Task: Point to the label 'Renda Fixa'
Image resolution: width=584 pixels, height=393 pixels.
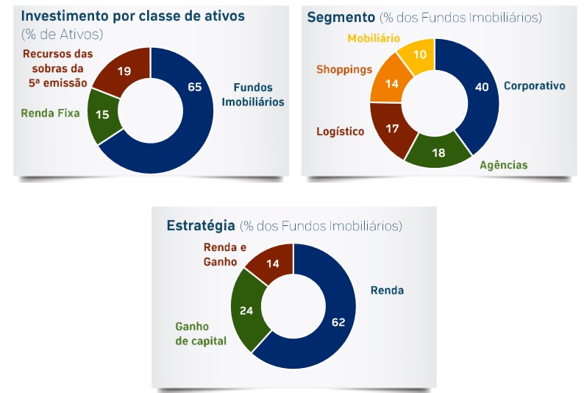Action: point(50,113)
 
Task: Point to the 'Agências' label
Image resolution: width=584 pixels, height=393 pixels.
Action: point(503,165)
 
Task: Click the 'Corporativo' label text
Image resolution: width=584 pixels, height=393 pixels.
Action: point(534,86)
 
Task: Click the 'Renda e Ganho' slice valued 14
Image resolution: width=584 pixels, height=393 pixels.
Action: point(274,262)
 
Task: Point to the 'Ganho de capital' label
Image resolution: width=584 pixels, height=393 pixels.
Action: point(201,333)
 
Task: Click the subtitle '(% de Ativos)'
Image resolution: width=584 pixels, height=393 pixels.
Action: point(62,35)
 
